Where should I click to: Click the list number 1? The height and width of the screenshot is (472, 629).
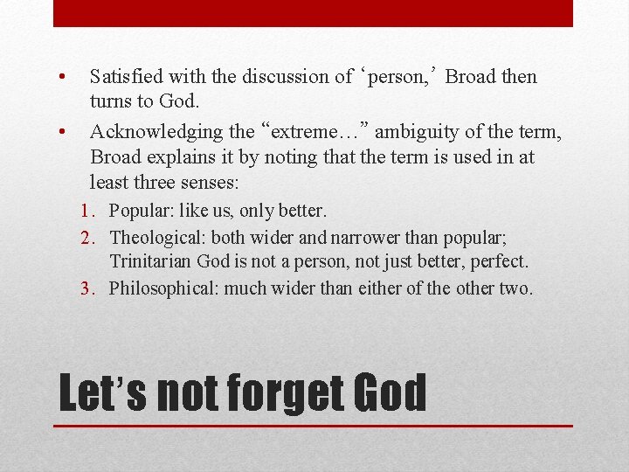pos(85,211)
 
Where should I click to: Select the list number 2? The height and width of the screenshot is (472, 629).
pos(86,238)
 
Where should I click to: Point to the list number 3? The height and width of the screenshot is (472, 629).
pos(86,288)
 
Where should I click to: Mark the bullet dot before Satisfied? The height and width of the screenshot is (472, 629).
pos(62,77)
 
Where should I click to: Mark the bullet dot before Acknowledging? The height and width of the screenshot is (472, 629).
pos(62,132)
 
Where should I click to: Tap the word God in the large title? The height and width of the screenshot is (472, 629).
pos(390,393)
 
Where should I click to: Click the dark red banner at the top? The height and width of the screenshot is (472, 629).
pos(313,13)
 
